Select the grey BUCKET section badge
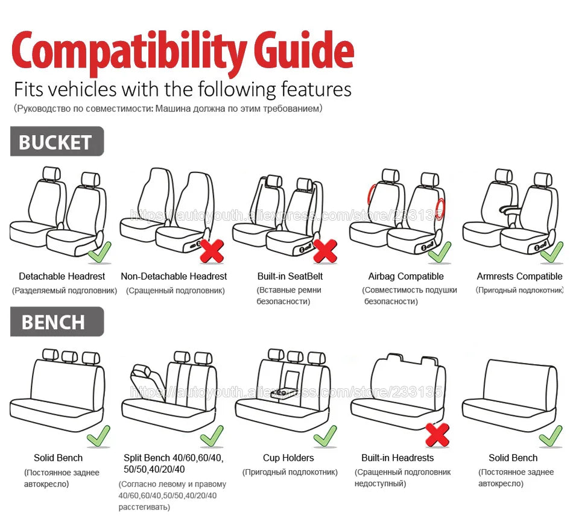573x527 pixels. click(56, 142)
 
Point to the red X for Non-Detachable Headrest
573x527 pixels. click(212, 250)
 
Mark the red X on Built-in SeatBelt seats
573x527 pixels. click(325, 250)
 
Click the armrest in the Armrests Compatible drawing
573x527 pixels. click(510, 209)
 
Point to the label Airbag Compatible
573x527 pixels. click(405, 276)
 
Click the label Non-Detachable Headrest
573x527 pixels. click(174, 276)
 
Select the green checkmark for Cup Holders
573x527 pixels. click(325, 435)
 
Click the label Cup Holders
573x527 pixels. click(288, 458)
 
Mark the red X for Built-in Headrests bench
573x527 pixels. click(437, 434)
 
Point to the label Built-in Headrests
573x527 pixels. click(397, 458)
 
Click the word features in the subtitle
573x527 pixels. click(316, 89)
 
